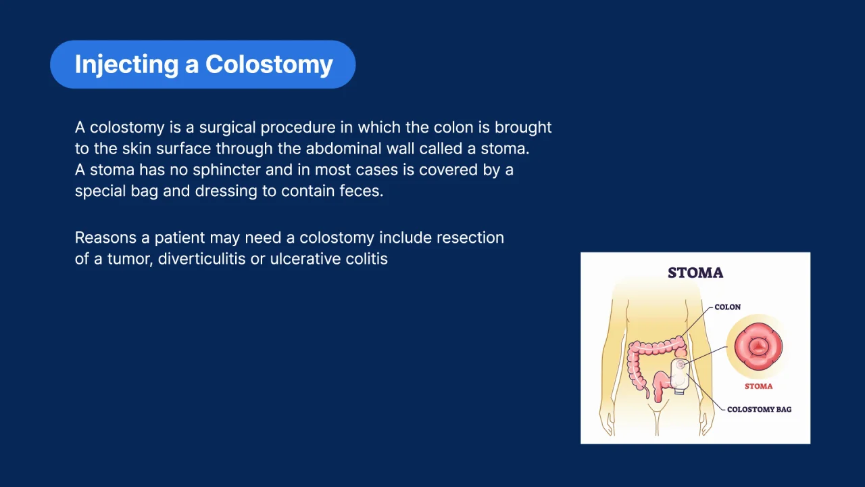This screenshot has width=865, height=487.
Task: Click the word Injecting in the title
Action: [x=126, y=64]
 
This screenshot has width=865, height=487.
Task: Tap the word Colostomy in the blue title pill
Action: [x=269, y=64]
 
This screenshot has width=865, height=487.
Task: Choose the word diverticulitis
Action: [x=201, y=259]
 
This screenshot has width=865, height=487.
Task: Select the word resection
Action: [x=470, y=237]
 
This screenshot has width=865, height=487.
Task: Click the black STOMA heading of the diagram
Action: [x=695, y=273]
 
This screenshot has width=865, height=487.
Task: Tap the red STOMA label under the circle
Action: [x=758, y=386]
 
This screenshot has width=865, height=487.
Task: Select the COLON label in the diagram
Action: [x=728, y=307]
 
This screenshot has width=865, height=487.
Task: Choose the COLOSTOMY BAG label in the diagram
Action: [x=759, y=409]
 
